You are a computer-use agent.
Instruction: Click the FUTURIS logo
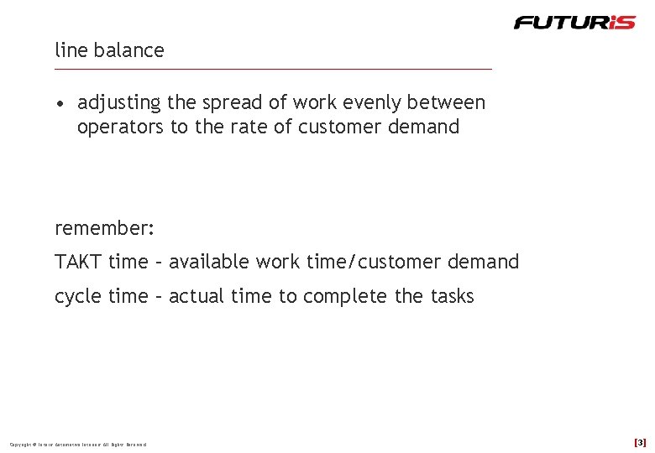[574, 23]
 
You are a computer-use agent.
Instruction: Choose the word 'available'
[210, 262]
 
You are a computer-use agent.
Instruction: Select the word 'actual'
[196, 296]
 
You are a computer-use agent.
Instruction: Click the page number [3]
[640, 442]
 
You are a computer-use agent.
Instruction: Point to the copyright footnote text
[77, 444]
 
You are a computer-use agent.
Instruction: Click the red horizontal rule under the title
[274, 69]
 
